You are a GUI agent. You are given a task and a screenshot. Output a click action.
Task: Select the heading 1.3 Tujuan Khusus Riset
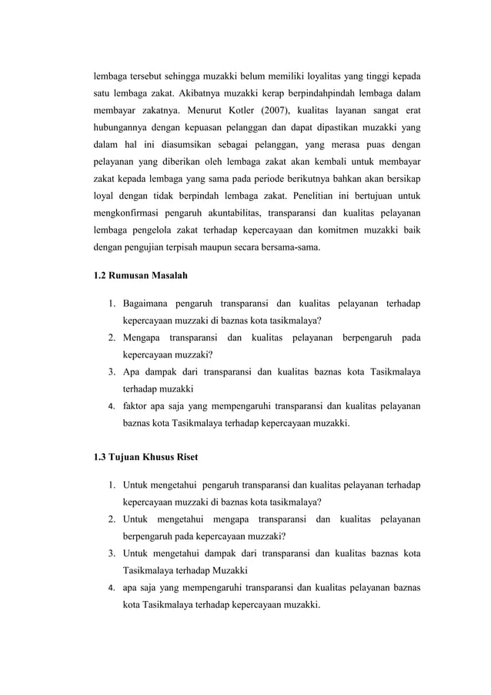point(145,457)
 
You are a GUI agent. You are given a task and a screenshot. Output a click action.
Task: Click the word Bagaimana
point(149,304)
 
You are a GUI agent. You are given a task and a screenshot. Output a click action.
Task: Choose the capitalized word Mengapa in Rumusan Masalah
point(141,338)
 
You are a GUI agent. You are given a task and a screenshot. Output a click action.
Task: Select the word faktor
point(135,406)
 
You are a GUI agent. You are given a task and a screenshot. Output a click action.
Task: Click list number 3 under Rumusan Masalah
point(112,372)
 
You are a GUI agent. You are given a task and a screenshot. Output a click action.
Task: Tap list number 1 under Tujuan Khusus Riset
point(112,486)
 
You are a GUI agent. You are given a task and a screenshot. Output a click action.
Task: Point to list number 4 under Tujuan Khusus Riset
point(112,588)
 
